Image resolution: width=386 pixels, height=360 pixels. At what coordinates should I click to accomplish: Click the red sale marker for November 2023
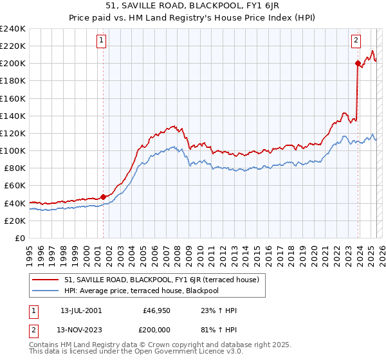(x=358, y=63)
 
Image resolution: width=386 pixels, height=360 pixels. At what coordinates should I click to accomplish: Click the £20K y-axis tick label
(x=15, y=221)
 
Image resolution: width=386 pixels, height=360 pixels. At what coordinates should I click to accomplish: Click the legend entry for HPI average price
(x=147, y=291)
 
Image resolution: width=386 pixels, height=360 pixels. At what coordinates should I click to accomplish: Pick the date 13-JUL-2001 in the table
(x=81, y=310)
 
